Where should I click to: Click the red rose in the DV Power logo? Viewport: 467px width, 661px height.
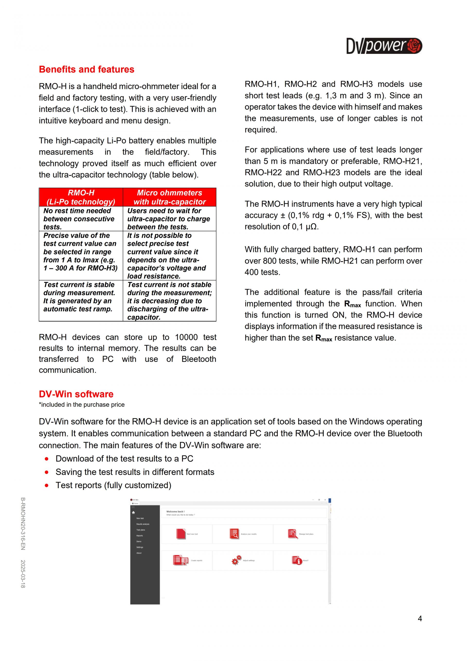coord(414,46)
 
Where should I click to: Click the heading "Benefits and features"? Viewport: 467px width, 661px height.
coord(87,69)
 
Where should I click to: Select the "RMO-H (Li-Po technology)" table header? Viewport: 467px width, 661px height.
coord(81,197)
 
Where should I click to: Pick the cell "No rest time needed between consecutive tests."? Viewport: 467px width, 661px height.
coord(79,219)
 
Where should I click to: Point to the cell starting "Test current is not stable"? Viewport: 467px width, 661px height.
coord(169,301)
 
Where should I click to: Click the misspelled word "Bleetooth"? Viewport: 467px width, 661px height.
coord(199,359)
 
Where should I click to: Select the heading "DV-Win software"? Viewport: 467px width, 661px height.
coord(76,394)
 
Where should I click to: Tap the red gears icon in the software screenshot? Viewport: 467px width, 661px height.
coord(237,560)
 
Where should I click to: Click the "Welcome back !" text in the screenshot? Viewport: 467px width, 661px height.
coord(175,512)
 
